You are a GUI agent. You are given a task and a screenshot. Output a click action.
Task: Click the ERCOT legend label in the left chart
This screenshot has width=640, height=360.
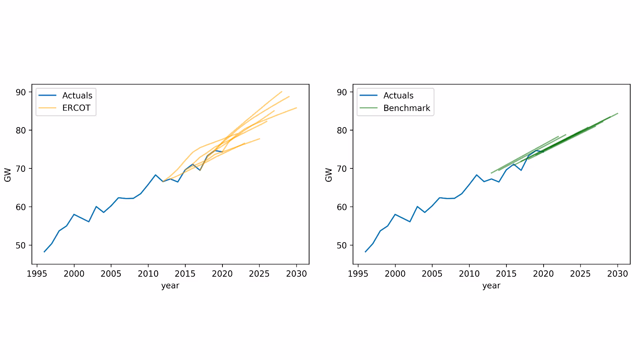pyautogui.click(x=76, y=108)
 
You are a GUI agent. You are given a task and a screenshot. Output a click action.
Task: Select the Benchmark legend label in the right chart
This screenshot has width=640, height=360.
pyautogui.click(x=407, y=108)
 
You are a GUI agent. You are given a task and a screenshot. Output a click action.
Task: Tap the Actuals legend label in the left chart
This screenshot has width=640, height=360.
pyautogui.click(x=77, y=96)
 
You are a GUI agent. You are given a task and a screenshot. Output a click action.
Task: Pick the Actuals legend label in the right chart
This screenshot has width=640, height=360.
pyautogui.click(x=398, y=96)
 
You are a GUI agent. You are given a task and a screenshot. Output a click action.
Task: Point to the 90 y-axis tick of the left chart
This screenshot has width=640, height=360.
pyautogui.click(x=21, y=92)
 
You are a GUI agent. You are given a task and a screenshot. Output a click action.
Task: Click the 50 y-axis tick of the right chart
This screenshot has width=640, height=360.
pyautogui.click(x=342, y=246)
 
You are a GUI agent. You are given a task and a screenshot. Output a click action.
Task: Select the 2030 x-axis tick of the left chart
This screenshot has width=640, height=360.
pyautogui.click(x=296, y=274)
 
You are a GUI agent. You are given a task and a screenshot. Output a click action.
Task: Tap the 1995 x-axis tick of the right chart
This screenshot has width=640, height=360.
pyautogui.click(x=358, y=274)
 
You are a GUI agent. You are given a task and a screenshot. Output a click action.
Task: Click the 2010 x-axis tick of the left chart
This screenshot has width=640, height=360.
pyautogui.click(x=148, y=274)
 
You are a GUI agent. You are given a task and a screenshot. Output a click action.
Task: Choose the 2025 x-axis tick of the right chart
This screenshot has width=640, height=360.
pyautogui.click(x=580, y=274)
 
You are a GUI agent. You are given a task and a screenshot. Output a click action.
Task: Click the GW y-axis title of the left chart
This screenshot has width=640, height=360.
pyautogui.click(x=8, y=175)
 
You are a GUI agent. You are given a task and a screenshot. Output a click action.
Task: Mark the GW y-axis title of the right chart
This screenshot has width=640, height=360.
pyautogui.click(x=329, y=175)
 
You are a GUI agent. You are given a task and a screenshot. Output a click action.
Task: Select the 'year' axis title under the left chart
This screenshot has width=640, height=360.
pyautogui.click(x=170, y=286)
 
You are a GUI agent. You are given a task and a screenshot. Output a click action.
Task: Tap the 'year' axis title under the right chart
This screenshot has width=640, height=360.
pyautogui.click(x=491, y=286)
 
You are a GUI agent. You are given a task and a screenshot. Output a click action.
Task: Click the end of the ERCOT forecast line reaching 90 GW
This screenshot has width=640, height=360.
pyautogui.click(x=281, y=91)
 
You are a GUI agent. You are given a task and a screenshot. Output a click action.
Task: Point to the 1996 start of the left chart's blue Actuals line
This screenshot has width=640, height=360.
pyautogui.click(x=44, y=252)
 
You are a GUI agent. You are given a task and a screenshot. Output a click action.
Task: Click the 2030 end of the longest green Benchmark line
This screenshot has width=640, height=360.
pyautogui.click(x=617, y=113)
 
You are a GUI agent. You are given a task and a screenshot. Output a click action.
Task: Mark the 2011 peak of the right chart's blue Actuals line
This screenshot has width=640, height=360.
pyautogui.click(x=477, y=175)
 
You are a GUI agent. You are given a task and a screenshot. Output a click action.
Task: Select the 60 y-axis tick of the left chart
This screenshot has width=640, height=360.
pyautogui.click(x=21, y=207)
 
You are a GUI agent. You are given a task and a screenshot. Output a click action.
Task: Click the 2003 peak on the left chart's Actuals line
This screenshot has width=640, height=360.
pyautogui.click(x=96, y=207)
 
